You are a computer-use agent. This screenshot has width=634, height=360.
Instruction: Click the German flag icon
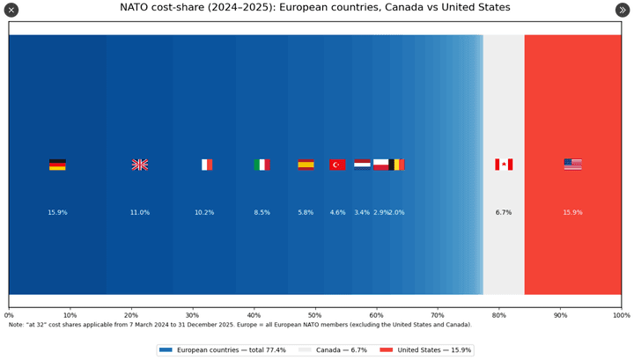57,165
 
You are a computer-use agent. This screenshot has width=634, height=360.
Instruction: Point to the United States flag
572,165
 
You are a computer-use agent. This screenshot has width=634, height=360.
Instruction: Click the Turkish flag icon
337,165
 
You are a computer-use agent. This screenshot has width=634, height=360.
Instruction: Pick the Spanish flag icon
306,165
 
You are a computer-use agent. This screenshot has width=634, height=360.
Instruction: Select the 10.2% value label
204,212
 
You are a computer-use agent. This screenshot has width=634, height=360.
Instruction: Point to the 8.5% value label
262,212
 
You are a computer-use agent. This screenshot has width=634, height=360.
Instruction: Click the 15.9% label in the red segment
572,212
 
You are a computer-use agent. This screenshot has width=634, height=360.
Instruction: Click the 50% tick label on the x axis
314,314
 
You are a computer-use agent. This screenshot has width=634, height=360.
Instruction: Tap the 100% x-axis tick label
621,314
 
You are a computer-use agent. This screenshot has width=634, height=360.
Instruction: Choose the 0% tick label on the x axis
9,314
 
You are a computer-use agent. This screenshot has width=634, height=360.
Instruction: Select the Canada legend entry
330,349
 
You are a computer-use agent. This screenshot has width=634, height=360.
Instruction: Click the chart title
314,8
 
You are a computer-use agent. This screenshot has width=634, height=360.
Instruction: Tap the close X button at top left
11,10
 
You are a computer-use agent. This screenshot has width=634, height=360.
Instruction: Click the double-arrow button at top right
623,10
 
